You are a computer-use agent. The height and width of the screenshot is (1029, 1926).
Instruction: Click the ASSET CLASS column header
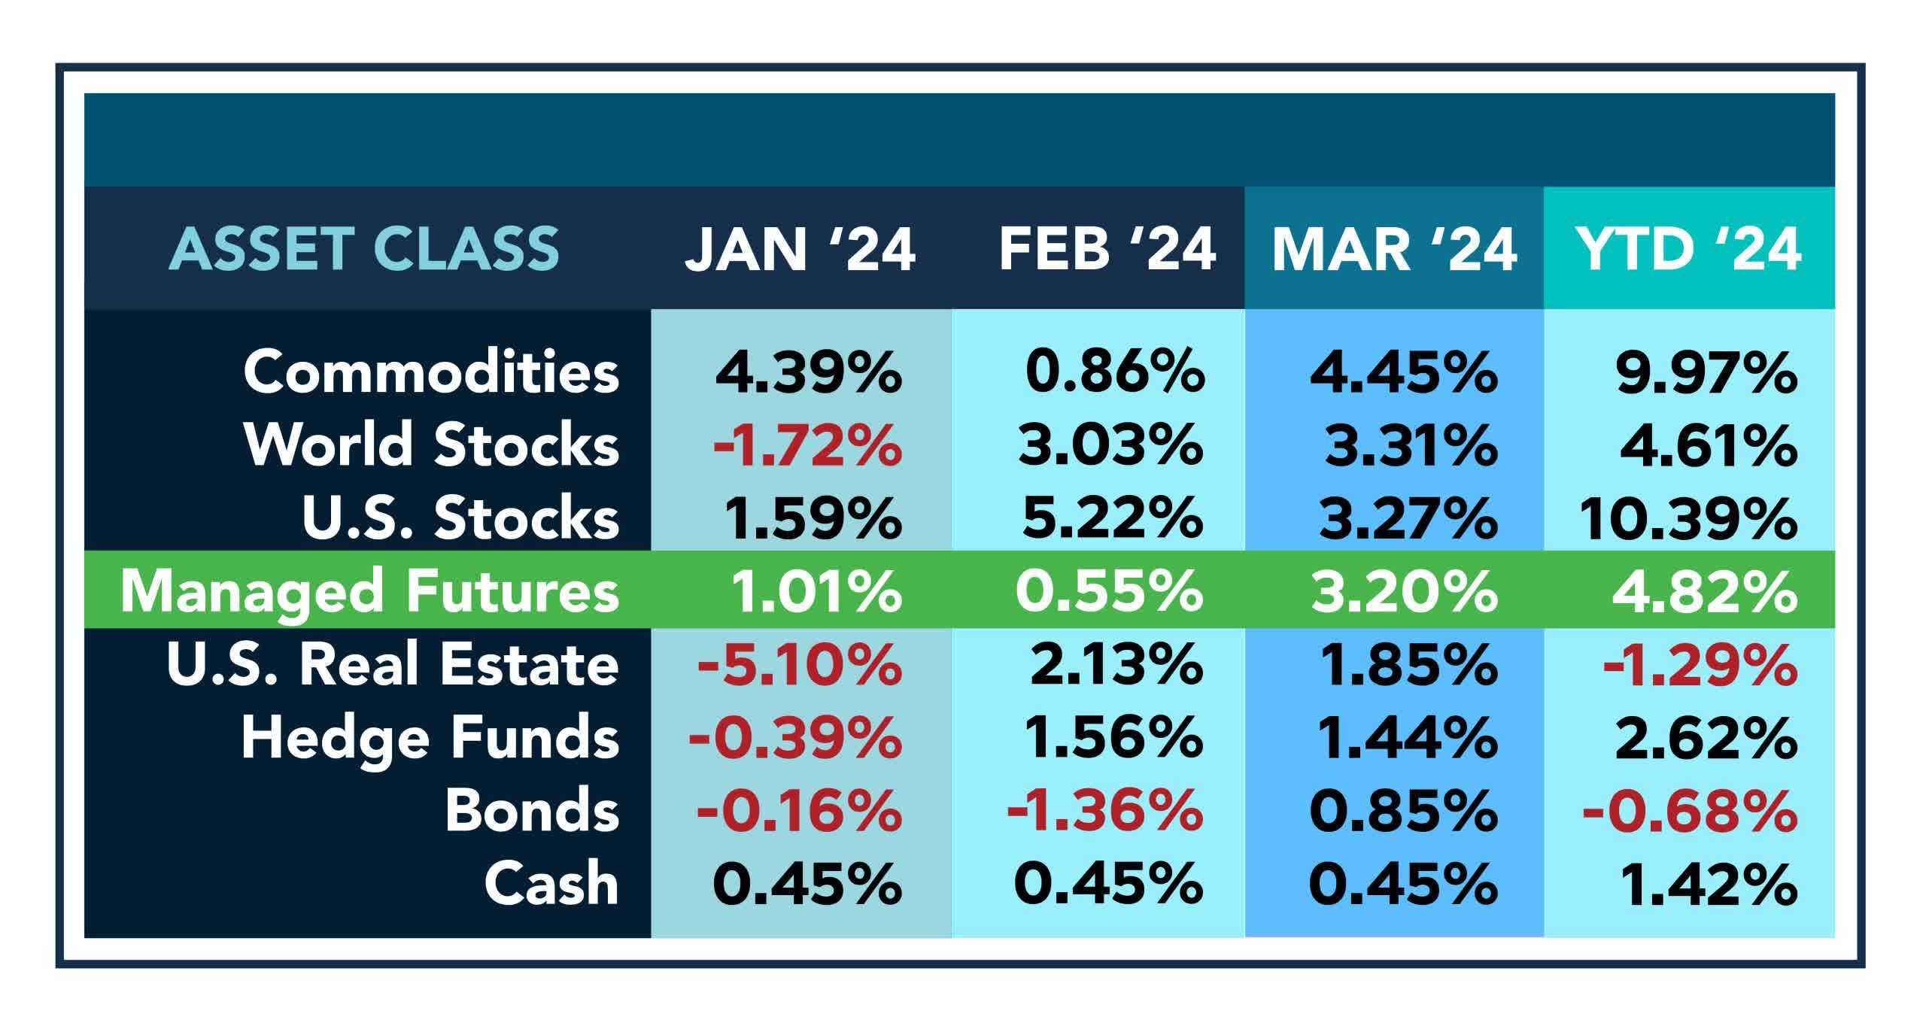tap(364, 249)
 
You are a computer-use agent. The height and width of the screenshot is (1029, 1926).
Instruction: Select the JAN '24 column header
tap(800, 249)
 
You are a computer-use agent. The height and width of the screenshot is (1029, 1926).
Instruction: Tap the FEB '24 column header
tap(1107, 249)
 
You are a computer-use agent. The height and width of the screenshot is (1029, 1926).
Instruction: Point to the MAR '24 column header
tap(1394, 249)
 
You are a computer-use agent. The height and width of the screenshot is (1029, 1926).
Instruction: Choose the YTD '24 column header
tap(1689, 249)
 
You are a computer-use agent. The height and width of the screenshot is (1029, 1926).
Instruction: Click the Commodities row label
tap(431, 372)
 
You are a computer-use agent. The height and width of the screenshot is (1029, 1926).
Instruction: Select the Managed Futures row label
tap(369, 592)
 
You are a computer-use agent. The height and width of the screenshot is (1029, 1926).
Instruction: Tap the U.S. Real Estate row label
tap(392, 665)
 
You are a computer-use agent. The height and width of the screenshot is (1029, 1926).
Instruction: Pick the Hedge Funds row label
tap(430, 739)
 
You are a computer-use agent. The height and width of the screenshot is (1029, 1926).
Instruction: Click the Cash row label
tap(551, 884)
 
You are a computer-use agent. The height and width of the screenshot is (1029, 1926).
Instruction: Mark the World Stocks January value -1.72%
tap(807, 445)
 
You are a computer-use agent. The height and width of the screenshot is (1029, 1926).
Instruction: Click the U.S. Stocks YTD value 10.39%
tap(1688, 519)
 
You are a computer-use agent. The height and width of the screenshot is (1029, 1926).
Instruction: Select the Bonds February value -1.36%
tap(1104, 811)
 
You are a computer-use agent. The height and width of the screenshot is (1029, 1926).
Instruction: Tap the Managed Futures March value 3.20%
tap(1404, 592)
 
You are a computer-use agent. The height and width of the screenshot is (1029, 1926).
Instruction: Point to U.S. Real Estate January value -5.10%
tap(799, 665)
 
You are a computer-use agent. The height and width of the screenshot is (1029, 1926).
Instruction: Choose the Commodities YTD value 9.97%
tap(1706, 372)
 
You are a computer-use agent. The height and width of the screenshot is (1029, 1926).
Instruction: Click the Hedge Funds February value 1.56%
tap(1113, 739)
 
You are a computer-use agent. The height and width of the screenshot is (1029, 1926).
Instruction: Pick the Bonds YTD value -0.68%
tap(1690, 811)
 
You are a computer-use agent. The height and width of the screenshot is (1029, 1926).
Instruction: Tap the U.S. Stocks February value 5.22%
tap(1112, 519)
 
